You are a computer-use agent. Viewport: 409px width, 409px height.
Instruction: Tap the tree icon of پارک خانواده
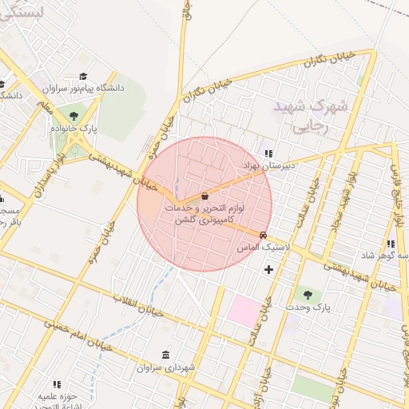point(74,117)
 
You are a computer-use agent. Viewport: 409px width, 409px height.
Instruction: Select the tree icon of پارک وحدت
point(308,296)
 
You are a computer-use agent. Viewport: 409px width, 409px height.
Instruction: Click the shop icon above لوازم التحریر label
point(204,195)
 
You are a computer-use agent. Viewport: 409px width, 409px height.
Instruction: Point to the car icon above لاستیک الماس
point(263,236)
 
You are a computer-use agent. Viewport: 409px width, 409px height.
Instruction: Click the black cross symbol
point(268,269)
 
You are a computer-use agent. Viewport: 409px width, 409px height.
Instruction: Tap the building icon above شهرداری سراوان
point(165,355)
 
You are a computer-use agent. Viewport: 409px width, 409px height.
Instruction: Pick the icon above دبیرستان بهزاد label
point(268,153)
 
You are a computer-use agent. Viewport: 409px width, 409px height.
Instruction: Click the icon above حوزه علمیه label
point(57,384)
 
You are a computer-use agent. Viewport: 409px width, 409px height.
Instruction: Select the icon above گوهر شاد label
point(390,244)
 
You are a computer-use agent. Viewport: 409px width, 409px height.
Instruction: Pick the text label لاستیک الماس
point(261,248)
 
